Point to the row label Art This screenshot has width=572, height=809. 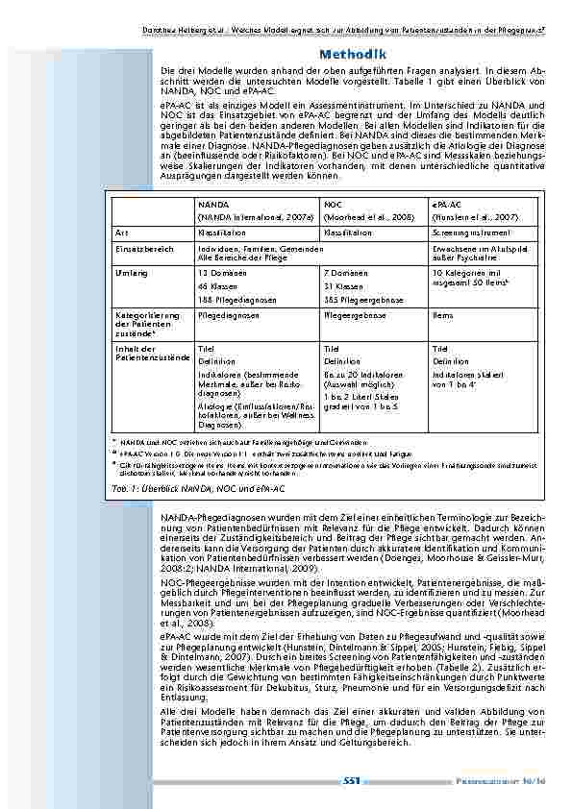[121, 233]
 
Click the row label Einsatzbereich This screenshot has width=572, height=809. [143, 247]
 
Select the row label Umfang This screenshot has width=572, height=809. [132, 274]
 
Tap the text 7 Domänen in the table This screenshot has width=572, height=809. [345, 274]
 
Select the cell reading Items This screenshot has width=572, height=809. [443, 314]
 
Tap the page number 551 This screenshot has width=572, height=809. [352, 780]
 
